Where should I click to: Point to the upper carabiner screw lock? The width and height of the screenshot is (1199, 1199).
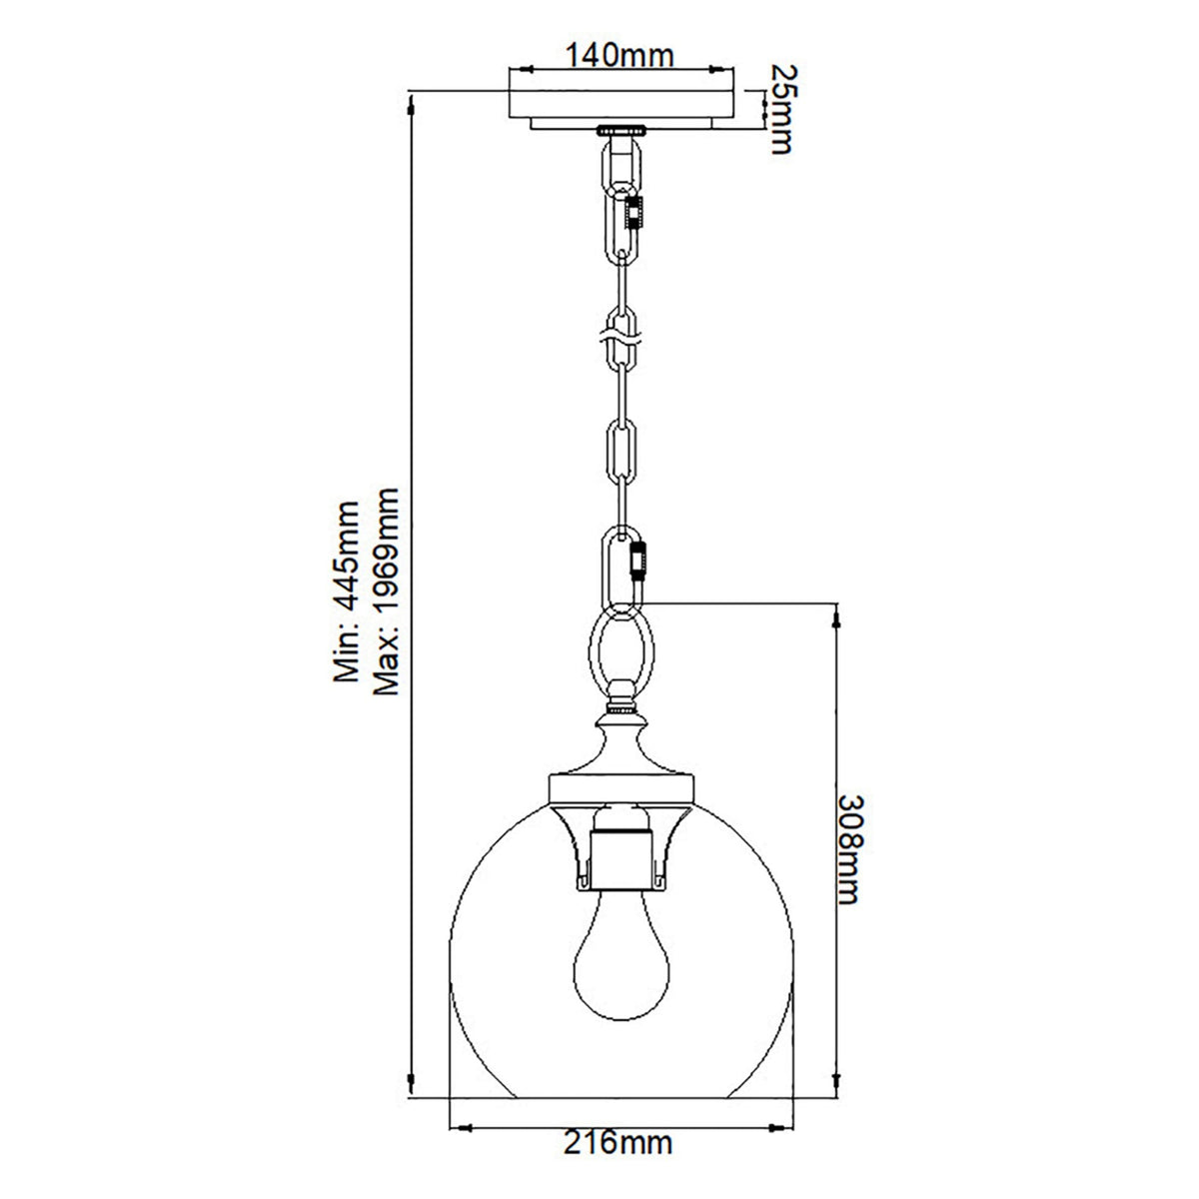pyautogui.click(x=633, y=212)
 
